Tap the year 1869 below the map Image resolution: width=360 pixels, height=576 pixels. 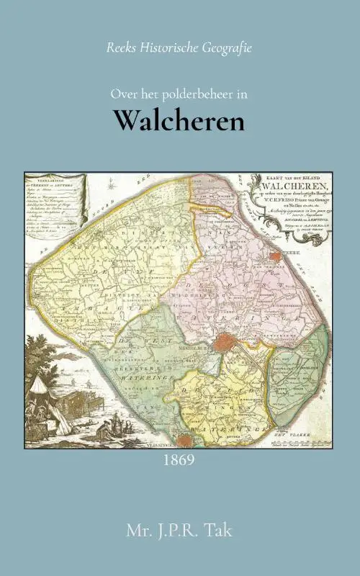coord(179,459)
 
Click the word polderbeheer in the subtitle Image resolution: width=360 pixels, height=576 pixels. coord(188,94)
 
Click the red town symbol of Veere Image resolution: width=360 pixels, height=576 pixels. coord(274,256)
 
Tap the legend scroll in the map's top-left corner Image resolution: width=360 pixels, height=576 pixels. coord(53,202)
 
